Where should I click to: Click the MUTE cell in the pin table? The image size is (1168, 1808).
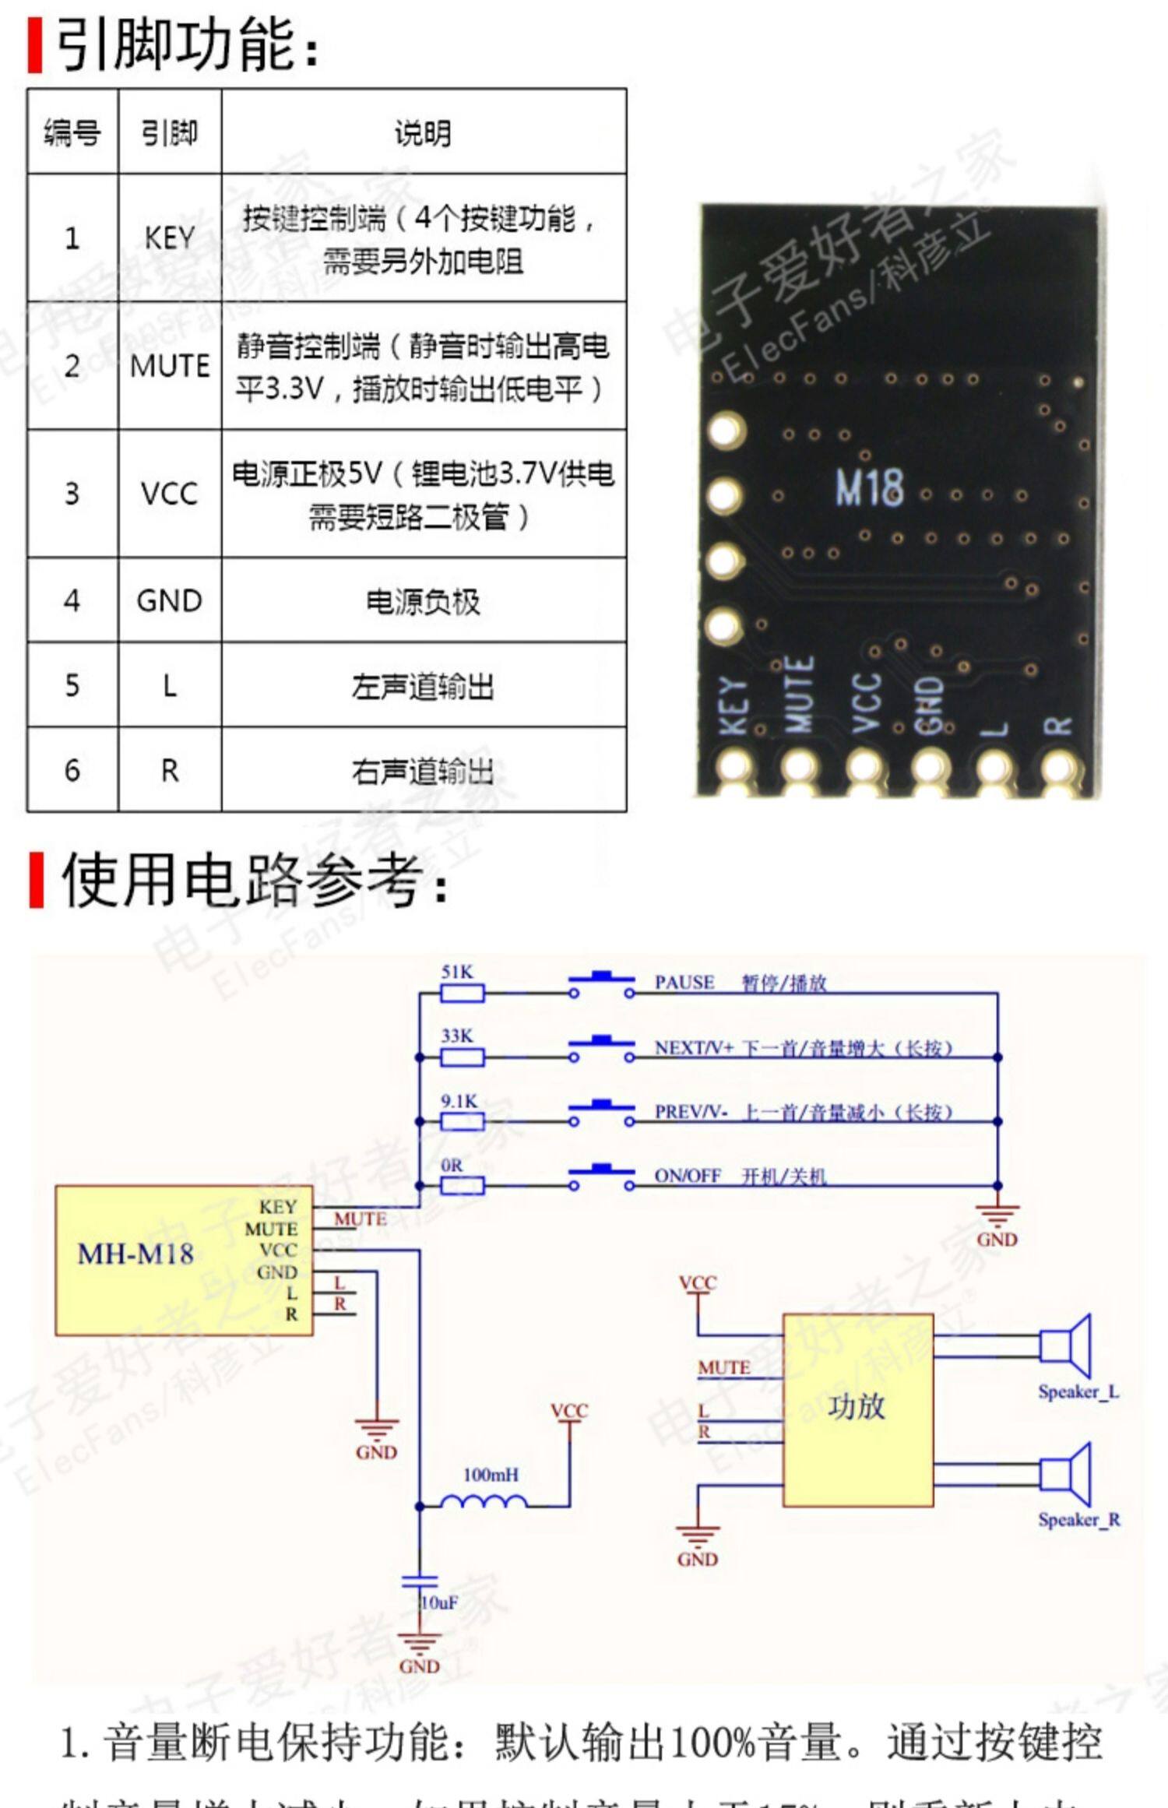pos(170,365)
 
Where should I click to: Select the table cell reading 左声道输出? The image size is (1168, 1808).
pos(423,686)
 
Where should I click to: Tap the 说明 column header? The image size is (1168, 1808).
pos(423,132)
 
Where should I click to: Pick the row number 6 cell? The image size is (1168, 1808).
pos(72,770)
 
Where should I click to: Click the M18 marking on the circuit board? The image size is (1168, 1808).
pos(869,487)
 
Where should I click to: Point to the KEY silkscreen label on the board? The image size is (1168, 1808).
pos(734,705)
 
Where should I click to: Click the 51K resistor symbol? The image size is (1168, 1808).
pos(462,993)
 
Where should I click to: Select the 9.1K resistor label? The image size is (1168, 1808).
pos(459,1101)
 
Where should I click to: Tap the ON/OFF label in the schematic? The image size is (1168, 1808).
pos(688,1175)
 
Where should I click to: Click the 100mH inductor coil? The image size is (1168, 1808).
pos(484,1502)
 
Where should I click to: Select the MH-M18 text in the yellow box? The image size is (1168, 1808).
pos(135,1254)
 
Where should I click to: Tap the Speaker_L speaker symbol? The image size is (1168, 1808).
pos(1066,1345)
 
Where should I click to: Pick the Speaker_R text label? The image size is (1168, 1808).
pos(1078,1519)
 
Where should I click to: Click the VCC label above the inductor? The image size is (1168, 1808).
pos(569,1411)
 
